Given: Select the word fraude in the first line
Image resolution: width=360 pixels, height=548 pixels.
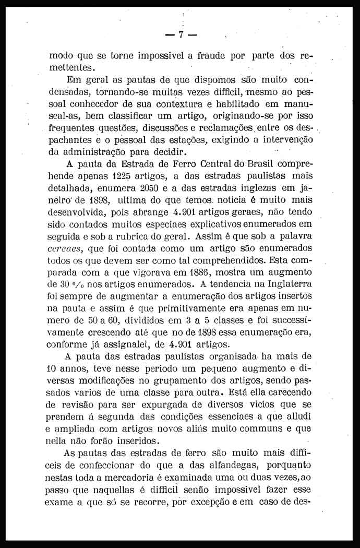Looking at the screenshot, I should coord(211,56).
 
